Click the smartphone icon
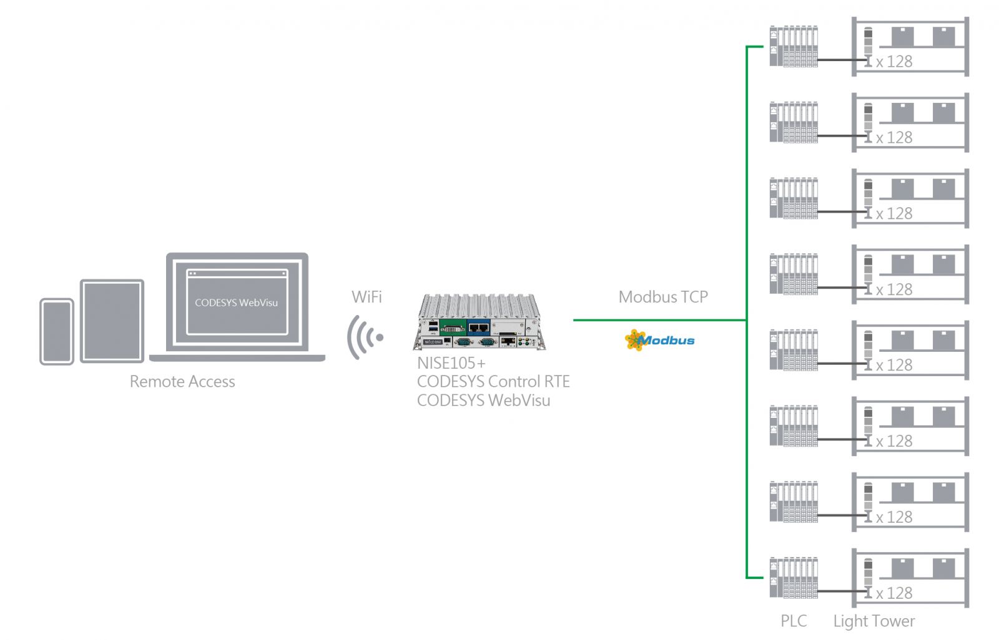[57, 331]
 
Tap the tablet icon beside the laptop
[112, 321]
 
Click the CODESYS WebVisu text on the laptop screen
[236, 303]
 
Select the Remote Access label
[182, 382]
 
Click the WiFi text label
[367, 297]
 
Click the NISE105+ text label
[451, 363]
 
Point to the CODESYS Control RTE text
[493, 382]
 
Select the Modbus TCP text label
[663, 297]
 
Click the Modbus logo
[660, 340]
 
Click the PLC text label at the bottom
[794, 621]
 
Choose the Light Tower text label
[874, 621]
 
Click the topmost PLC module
[794, 46]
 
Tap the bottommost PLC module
[794, 578]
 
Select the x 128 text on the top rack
[894, 62]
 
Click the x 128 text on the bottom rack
[894, 593]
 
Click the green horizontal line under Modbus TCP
[659, 320]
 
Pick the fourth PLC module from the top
[794, 274]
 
